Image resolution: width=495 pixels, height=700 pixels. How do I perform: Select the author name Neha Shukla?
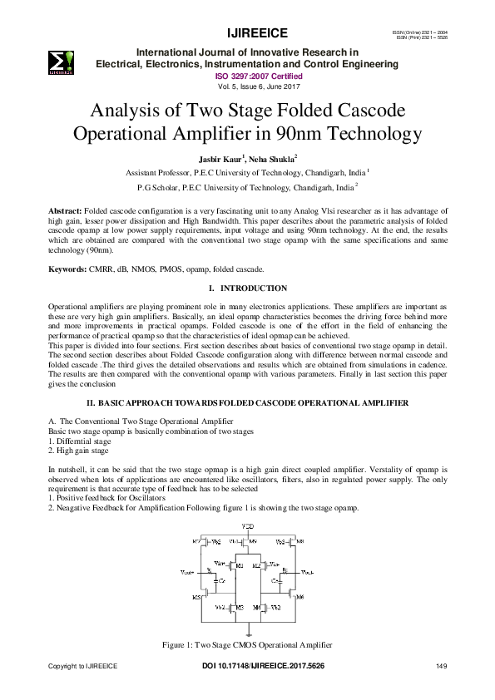[x=265, y=158]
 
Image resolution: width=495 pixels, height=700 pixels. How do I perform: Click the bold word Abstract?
[x=66, y=214]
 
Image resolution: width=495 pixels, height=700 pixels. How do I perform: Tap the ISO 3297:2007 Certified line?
[x=247, y=76]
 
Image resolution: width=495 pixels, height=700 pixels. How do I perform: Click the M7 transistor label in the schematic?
[x=196, y=541]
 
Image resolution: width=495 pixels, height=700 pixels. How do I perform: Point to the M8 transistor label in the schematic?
[x=300, y=541]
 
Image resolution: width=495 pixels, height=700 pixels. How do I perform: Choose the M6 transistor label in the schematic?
[x=300, y=597]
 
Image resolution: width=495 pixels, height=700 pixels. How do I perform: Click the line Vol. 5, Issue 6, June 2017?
[x=247, y=86]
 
